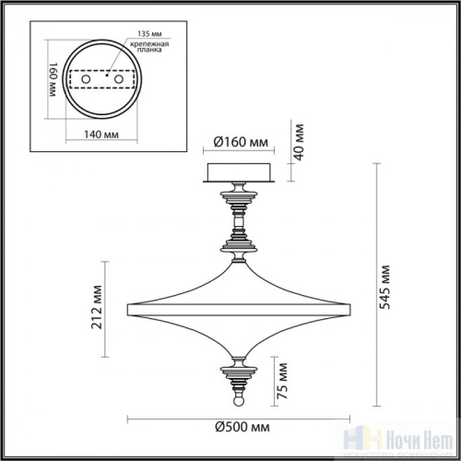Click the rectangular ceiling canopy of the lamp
(x=236, y=171)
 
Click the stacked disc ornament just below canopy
(x=236, y=195)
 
